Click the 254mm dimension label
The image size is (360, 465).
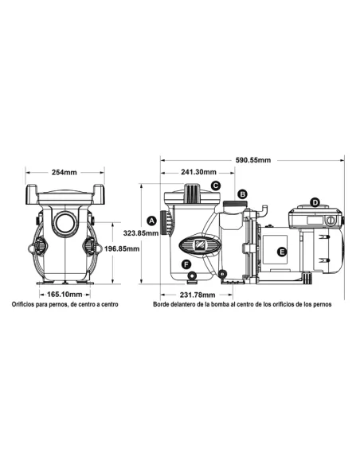pos(65,172)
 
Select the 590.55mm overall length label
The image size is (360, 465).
pos(254,160)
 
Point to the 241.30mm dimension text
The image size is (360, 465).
pos(198,172)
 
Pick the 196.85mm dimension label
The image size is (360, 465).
pos(123,248)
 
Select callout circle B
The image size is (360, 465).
pos(244,193)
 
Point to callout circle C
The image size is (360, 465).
pos(216,186)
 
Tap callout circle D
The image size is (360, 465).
pos(315,202)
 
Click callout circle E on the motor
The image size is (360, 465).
pos(281,252)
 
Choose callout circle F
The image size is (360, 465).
pos(186,264)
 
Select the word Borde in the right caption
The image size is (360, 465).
pos(164,305)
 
